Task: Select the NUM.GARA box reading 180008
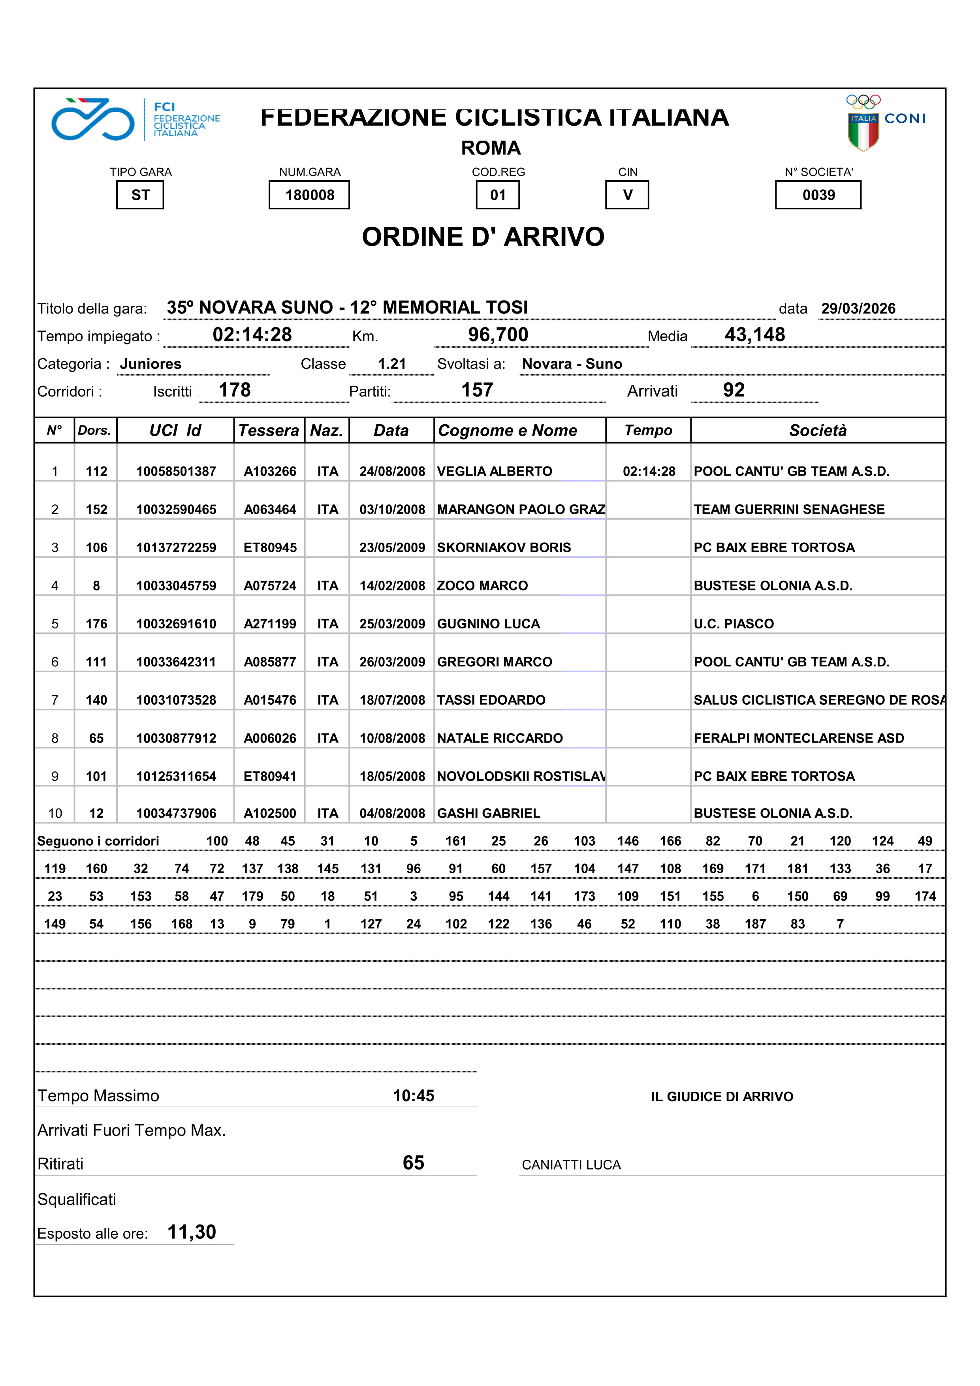coord(309,195)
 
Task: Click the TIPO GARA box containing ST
coord(140,195)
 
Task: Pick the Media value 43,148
coord(755,335)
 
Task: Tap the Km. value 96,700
coord(498,335)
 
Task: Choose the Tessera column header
coord(269,431)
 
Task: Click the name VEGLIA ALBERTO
coord(495,472)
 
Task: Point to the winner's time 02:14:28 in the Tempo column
coord(649,472)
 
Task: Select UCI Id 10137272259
coord(176,547)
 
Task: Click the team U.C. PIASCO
coord(734,624)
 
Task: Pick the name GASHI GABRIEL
coord(489,813)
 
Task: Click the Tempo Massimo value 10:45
coord(414,1096)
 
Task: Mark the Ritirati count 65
coord(414,1163)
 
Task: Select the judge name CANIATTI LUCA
coord(571,1165)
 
